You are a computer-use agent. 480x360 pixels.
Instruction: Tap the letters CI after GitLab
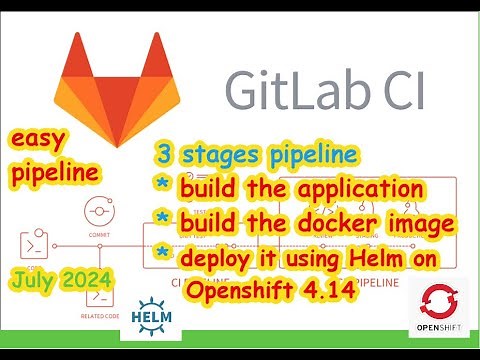pos(398,91)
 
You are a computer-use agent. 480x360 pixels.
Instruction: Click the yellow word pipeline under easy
pos(55,173)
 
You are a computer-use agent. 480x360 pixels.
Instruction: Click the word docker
pos(335,223)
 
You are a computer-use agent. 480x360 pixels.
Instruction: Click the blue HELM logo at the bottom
pos(152,312)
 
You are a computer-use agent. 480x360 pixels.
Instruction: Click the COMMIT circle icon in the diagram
pos(99,212)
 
